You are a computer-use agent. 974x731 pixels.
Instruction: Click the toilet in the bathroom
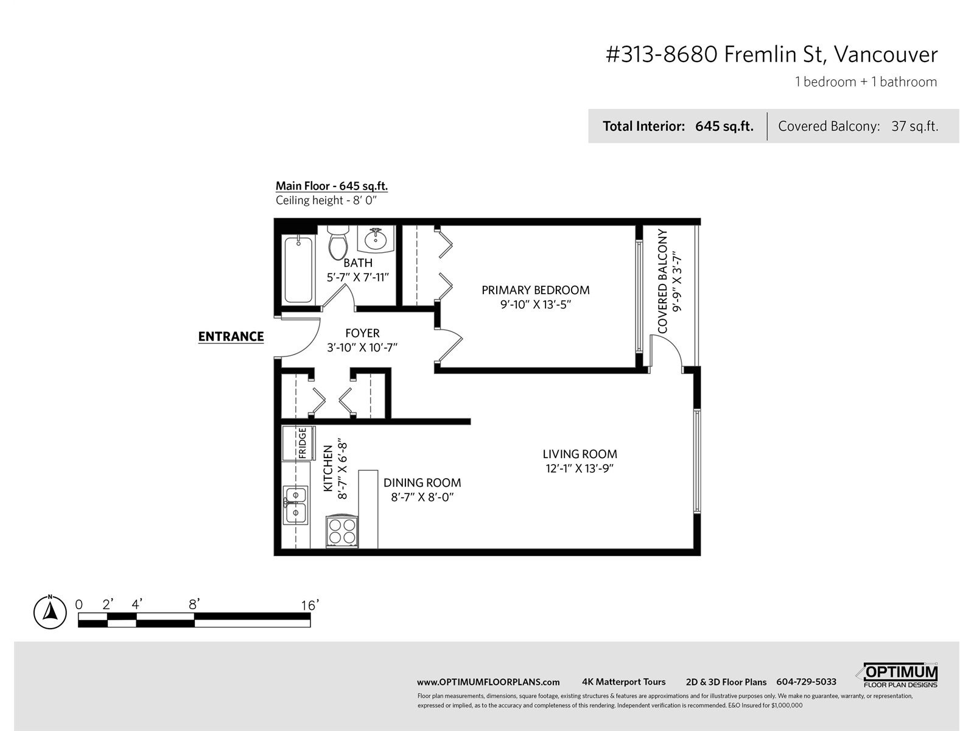pos(338,242)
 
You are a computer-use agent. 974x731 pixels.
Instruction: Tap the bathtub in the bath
pos(298,269)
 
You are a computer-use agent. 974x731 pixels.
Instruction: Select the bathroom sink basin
pos(376,239)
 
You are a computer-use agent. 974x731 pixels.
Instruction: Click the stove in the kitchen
pos(342,531)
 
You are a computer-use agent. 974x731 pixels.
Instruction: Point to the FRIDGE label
pos(302,443)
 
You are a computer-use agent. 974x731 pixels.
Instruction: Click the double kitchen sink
pos(295,504)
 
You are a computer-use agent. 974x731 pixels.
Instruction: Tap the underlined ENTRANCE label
pos(231,337)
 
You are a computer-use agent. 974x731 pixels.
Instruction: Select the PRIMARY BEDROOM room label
pos(536,291)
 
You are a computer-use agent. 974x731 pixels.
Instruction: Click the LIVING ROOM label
pos(580,454)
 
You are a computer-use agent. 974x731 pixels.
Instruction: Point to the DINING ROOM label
pos(422,483)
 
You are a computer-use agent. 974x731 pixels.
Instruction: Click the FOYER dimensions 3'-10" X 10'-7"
pos(362,347)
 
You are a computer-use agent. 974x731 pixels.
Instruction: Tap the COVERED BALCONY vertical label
pos(662,281)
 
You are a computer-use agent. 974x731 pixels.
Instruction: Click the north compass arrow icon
pos(50,612)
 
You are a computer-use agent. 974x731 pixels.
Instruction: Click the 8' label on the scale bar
pos(194,604)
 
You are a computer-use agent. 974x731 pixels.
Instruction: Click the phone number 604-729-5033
pos(806,682)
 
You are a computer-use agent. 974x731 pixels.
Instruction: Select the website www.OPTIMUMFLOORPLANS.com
pos(488,682)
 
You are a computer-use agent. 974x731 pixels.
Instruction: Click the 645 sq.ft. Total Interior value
pos(724,127)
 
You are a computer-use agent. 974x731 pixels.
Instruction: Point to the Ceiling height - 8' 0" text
pos(326,200)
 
